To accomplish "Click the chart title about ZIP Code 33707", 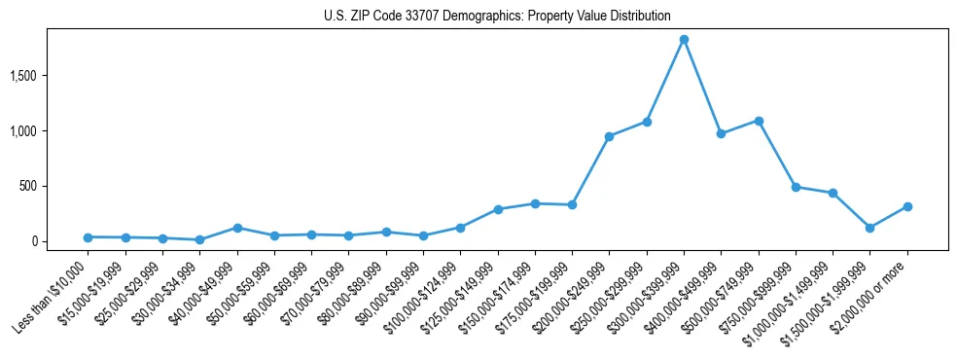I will (497, 17).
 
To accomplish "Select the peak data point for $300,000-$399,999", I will (684, 40).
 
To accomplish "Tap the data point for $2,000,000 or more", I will (907, 206).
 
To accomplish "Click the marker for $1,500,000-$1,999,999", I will (870, 228).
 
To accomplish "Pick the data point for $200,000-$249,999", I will (609, 136).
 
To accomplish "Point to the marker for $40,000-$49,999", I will (237, 228).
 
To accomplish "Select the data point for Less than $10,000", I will (88, 237).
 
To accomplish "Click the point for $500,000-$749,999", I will (759, 121).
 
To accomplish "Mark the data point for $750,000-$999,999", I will (796, 187).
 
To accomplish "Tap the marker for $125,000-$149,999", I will (498, 209).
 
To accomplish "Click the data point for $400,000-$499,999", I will (721, 133).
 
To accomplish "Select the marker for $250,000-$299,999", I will (647, 122).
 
